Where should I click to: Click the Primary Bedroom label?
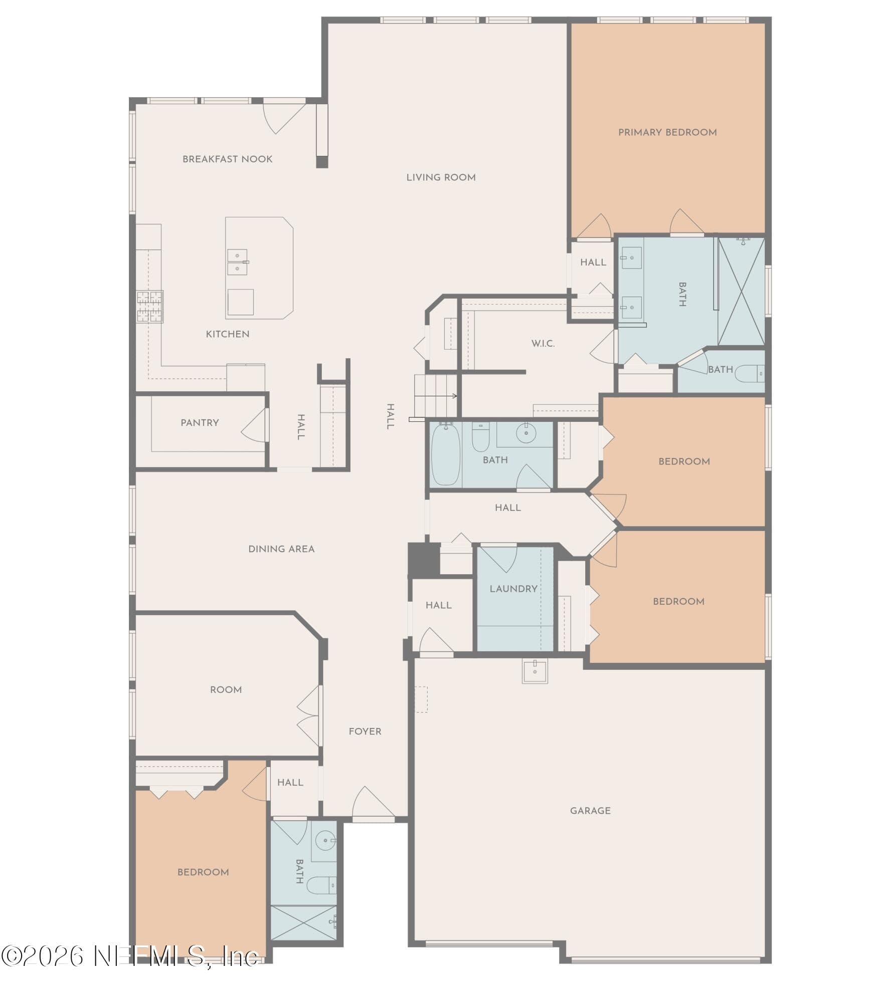(667, 132)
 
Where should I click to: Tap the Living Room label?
(441, 177)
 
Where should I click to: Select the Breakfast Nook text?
(227, 159)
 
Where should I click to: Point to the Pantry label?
(200, 423)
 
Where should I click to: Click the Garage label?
(590, 811)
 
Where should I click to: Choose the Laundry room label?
(513, 589)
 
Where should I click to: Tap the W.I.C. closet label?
(543, 344)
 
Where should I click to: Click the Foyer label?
(365, 731)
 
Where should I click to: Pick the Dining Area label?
(281, 549)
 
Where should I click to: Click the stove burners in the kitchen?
(150, 306)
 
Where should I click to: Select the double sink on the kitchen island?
(237, 262)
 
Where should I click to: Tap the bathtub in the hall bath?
(446, 454)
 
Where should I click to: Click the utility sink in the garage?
(535, 671)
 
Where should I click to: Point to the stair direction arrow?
(436, 396)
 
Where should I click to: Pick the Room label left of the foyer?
(226, 690)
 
